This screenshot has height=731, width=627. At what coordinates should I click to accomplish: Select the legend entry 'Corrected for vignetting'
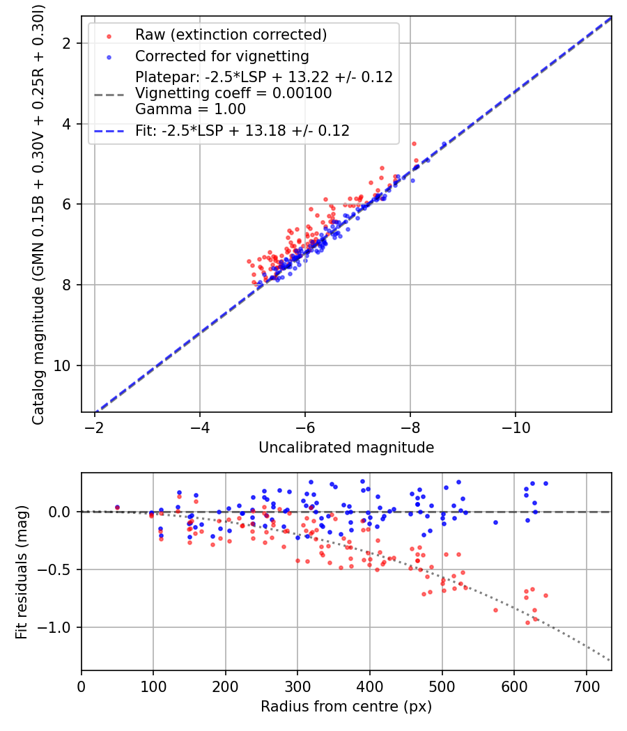pyautogui.click(x=222, y=56)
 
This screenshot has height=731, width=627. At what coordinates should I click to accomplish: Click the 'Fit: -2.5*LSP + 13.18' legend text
pyautogui.click(x=242, y=130)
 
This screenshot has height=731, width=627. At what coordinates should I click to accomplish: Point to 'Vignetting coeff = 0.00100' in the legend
pyautogui.click(x=233, y=93)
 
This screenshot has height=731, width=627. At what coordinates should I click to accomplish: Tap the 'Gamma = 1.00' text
pyautogui.click(x=190, y=109)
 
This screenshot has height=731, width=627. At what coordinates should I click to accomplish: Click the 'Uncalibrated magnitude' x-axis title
pyautogui.click(x=346, y=448)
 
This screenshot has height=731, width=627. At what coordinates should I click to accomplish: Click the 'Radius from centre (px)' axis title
pyautogui.click(x=346, y=707)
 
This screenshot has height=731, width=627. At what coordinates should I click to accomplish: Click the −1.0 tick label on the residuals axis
pyautogui.click(x=60, y=628)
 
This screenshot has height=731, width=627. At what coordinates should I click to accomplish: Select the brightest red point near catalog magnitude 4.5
pyautogui.click(x=414, y=143)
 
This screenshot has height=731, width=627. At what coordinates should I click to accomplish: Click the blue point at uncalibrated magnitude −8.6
pyautogui.click(x=444, y=144)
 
